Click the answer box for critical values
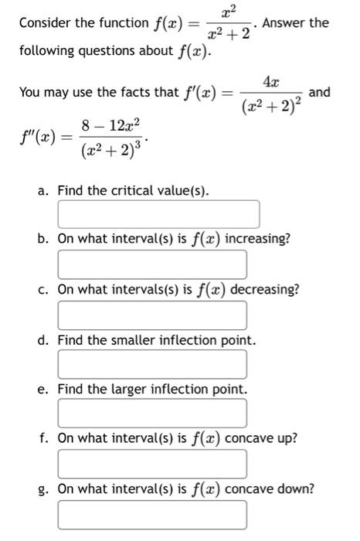[158, 214]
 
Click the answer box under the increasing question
[152, 264]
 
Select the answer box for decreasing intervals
[152, 315]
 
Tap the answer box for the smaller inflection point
[152, 364]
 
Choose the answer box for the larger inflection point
[152, 413]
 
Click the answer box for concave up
[152, 464]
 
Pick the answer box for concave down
[152, 514]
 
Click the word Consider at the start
[46, 23]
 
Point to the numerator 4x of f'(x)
[271, 81]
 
